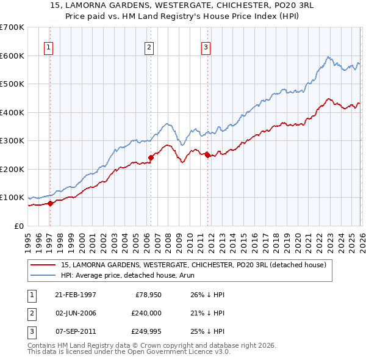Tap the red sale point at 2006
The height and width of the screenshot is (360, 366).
[151, 157]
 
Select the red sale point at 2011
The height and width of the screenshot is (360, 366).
[207, 155]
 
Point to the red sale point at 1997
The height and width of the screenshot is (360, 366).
[51, 204]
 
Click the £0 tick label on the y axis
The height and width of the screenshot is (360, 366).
[18, 226]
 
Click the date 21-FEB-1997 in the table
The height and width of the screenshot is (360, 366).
[76, 295]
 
